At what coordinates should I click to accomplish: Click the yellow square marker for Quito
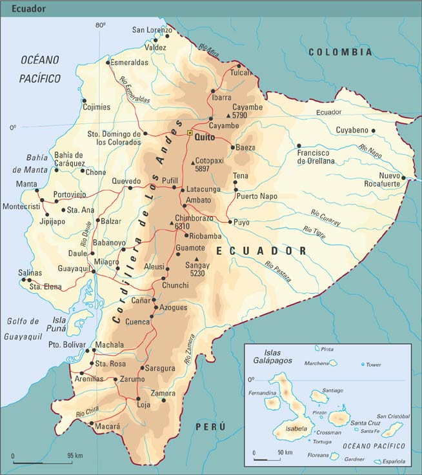point(190,133)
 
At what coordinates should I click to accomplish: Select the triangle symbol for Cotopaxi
point(192,161)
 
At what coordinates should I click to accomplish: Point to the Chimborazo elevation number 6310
point(182,227)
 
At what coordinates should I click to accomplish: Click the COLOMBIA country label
point(340,52)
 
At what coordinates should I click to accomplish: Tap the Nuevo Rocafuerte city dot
point(404,177)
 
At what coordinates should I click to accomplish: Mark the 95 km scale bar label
point(75,456)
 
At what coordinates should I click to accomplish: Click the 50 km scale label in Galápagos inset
point(285,452)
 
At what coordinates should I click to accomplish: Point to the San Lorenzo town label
point(152,30)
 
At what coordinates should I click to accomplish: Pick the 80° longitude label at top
point(100,25)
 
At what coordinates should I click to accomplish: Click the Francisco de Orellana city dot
point(299,146)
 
